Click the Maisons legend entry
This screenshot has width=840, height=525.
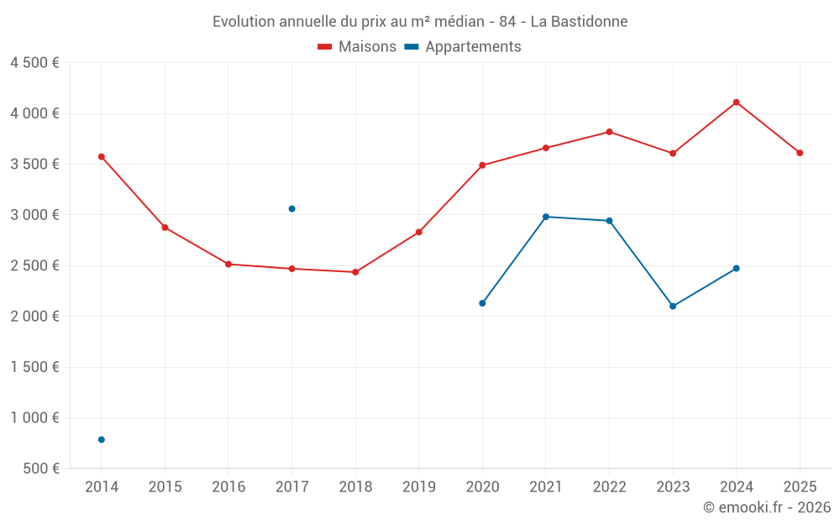[x=357, y=47]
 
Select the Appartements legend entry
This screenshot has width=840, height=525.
[x=463, y=47]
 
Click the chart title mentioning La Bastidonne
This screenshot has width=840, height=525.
[x=420, y=22]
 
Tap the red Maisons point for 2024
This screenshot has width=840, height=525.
[x=736, y=102]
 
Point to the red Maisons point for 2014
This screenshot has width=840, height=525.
[x=102, y=157]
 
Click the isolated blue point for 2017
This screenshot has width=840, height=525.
[x=291, y=208]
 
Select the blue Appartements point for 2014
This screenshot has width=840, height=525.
[x=102, y=439]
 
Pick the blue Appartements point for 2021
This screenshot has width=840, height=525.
[x=546, y=217]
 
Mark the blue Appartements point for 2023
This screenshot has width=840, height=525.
[x=673, y=306]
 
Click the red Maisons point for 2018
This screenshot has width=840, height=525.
[x=355, y=272]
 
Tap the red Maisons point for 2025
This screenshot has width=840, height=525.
[x=800, y=153]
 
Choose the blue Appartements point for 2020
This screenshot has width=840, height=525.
[x=482, y=303]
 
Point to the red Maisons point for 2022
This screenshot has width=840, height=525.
[x=609, y=132]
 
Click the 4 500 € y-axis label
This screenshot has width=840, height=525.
[x=34, y=63]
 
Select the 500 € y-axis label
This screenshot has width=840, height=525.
[x=40, y=469]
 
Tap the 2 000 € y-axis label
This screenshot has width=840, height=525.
[x=34, y=317]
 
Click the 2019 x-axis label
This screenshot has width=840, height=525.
[x=418, y=487]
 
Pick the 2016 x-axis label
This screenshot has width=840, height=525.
[x=228, y=487]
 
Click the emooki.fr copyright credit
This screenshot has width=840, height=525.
[x=766, y=507]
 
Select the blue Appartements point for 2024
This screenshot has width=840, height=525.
[x=736, y=269]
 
